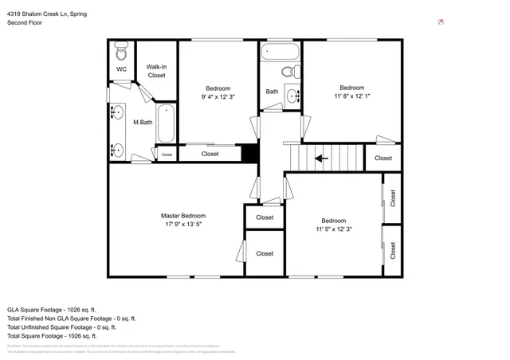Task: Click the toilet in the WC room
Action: [122, 53]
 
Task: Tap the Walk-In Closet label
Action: [156, 71]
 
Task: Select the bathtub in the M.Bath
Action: [166, 123]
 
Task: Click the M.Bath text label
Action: [142, 122]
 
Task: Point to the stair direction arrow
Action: [322, 158]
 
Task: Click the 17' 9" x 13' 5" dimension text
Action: [182, 225]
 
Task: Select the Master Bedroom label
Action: [182, 216]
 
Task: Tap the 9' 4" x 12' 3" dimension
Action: [218, 96]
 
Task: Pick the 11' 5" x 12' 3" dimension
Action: [333, 229]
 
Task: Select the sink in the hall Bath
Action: [292, 96]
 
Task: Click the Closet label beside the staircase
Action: [383, 158]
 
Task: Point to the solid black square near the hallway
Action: [250, 153]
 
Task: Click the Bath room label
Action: [272, 92]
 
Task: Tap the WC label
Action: [121, 69]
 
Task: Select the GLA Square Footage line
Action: [51, 309]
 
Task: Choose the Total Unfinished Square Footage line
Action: [61, 327]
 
